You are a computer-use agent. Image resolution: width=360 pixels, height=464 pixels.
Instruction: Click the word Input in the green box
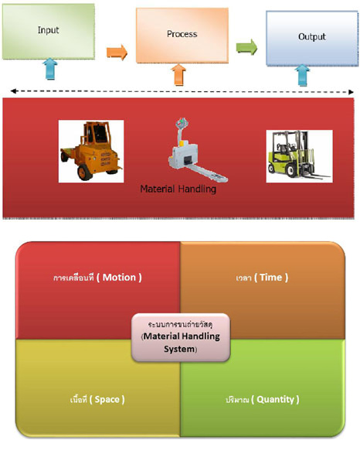pyautogui.click(x=48, y=30)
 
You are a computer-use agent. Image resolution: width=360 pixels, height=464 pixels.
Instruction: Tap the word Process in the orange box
pyautogui.click(x=182, y=34)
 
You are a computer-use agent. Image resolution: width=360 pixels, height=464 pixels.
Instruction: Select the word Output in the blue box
pyautogui.click(x=312, y=36)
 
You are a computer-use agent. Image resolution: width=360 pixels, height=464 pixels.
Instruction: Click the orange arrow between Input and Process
pyautogui.click(x=117, y=53)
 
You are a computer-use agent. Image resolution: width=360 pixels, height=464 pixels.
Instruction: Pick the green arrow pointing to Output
pyautogui.click(x=246, y=46)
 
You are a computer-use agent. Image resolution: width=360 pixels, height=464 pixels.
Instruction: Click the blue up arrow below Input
pyautogui.click(x=50, y=69)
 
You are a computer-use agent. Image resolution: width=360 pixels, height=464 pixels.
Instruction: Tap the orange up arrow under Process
pyautogui.click(x=178, y=75)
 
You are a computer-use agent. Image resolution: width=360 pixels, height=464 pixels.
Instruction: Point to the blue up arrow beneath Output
pyautogui.click(x=302, y=76)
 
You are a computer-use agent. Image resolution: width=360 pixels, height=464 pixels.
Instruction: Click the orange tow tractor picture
pyautogui.click(x=91, y=152)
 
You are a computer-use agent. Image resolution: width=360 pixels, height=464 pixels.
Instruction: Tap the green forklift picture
pyautogui.click(x=299, y=156)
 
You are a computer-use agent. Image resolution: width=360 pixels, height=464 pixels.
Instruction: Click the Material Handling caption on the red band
pyautogui.click(x=178, y=189)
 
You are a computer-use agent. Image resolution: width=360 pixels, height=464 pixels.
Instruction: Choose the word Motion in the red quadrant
pyautogui.click(x=119, y=278)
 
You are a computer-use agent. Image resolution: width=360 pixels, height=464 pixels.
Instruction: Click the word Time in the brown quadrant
pyautogui.click(x=270, y=278)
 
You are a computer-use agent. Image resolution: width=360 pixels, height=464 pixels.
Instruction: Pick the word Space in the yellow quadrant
pyautogui.click(x=107, y=400)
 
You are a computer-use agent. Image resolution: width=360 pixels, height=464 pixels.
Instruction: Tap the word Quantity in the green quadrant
pyautogui.click(x=275, y=400)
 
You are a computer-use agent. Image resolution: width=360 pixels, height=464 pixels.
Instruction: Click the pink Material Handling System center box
pyautogui.click(x=181, y=337)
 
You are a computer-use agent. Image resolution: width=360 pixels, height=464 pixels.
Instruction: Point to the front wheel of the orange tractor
pyautogui.click(x=84, y=172)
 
